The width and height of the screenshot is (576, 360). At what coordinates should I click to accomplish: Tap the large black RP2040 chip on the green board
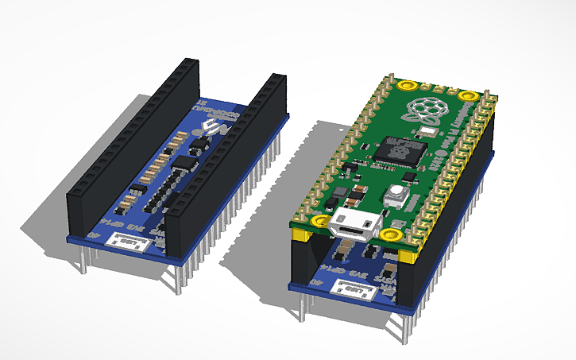pos(397,147)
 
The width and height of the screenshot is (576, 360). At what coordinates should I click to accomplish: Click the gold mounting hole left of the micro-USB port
pos(319,221)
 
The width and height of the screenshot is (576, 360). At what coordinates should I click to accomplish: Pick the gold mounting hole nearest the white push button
pos(390,234)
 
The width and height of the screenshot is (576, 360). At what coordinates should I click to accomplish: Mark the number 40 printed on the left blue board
pos(93,236)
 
